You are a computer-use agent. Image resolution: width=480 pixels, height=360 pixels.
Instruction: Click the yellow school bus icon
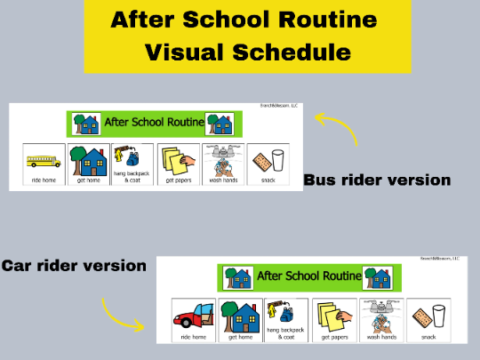coord(44,162)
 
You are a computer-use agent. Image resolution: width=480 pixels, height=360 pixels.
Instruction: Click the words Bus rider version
coord(377,180)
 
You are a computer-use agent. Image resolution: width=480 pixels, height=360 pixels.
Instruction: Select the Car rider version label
coord(74,265)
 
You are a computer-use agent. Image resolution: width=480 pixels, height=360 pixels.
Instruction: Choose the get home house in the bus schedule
coord(89,161)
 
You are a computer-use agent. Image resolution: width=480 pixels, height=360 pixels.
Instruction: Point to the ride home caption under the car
coord(193,337)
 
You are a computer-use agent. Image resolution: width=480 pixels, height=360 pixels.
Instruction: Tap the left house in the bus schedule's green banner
coord(85,123)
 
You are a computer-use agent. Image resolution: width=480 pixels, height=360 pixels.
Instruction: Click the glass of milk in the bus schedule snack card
coord(278,161)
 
